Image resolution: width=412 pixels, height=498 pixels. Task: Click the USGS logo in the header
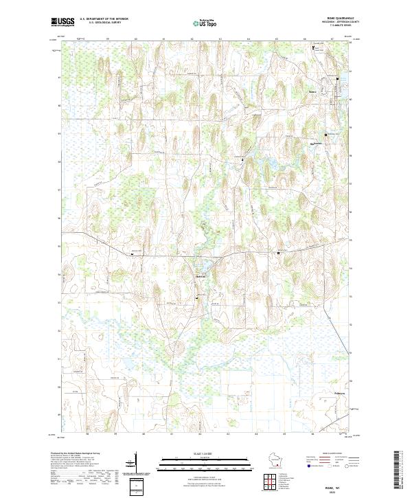tap(62, 22)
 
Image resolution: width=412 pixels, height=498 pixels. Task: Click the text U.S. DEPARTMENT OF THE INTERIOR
tap(103, 20)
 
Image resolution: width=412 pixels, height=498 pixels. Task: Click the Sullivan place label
tap(318, 143)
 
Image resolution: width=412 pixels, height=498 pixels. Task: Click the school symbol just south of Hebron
tap(198, 298)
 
